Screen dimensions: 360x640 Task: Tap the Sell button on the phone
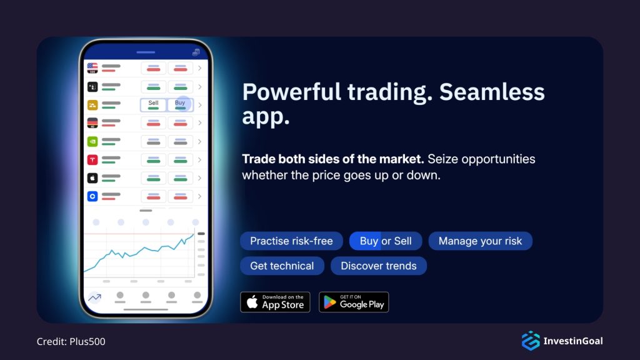tap(154, 105)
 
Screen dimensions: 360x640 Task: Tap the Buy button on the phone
tap(180, 105)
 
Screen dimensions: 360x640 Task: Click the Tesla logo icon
tap(92, 160)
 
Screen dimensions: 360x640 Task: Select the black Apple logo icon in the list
tap(92, 178)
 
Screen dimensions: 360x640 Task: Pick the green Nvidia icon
tap(92, 141)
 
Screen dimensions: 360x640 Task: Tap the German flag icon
tap(92, 123)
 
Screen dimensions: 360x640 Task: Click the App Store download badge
tap(275, 302)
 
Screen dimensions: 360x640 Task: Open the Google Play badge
tap(354, 302)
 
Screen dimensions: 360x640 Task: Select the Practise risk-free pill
tap(291, 241)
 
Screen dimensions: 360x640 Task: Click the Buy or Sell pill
tap(386, 241)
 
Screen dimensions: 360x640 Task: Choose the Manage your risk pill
tap(480, 241)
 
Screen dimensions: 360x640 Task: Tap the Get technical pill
tap(282, 266)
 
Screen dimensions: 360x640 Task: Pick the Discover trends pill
tap(378, 266)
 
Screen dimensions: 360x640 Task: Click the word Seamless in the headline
tap(492, 92)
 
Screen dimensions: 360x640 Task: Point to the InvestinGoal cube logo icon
tap(531, 341)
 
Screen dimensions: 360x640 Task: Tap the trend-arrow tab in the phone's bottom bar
tap(94, 297)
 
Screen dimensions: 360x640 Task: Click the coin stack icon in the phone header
tap(196, 52)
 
